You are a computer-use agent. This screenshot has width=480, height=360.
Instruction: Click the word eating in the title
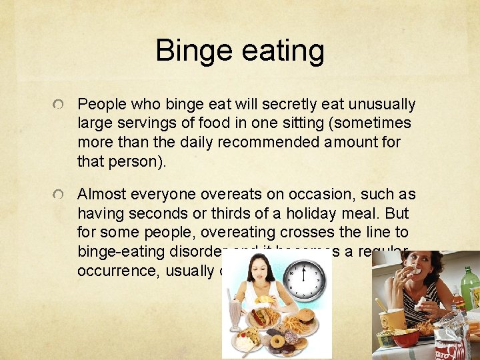[x=279, y=51]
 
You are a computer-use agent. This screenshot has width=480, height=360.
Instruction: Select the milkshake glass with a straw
[x=235, y=313]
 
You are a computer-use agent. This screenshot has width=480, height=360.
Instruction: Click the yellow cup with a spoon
[x=392, y=317]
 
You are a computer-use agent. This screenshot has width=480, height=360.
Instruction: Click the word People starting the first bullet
[x=101, y=105]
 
